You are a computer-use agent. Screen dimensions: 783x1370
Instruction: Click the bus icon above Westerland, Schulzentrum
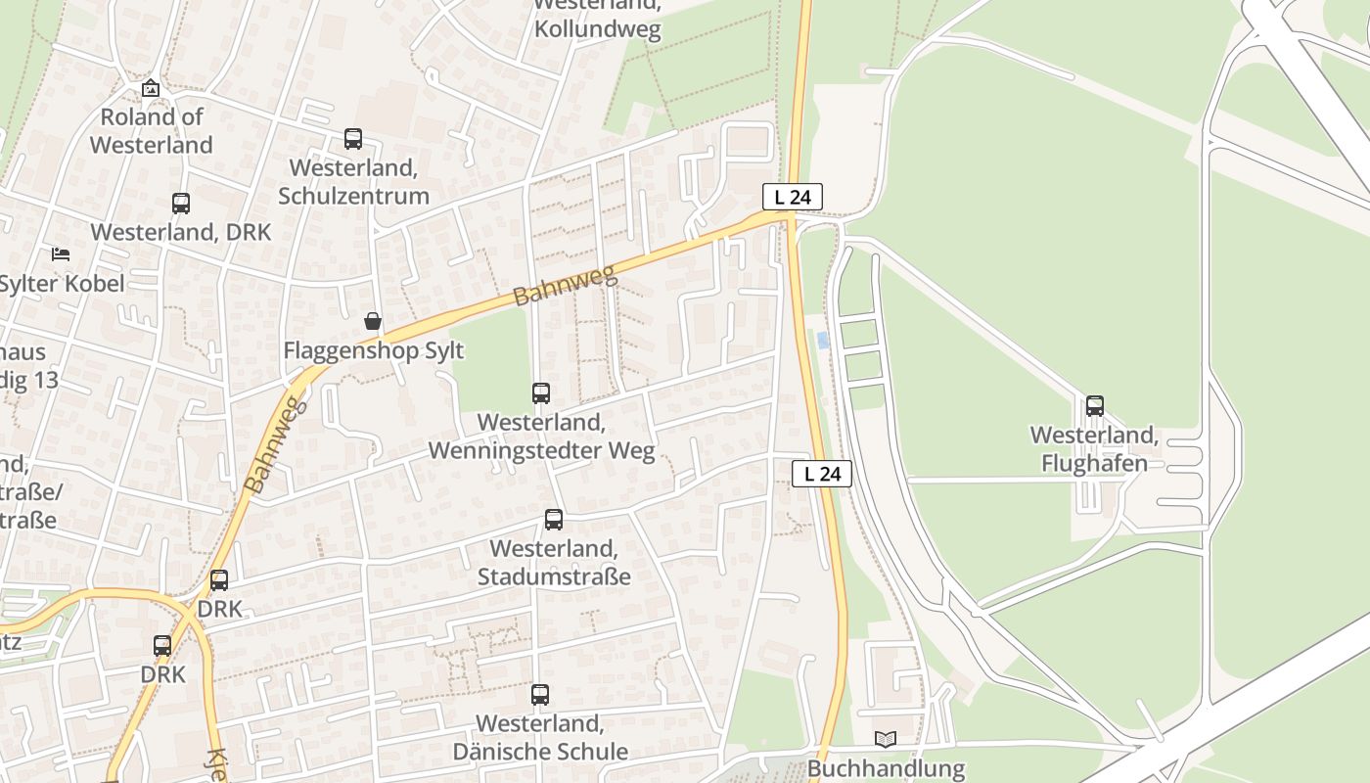pyautogui.click(x=353, y=139)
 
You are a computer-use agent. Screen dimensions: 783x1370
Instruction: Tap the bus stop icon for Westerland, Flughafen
pyautogui.click(x=1095, y=406)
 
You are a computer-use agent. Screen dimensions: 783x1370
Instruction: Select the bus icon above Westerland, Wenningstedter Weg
pyautogui.click(x=541, y=393)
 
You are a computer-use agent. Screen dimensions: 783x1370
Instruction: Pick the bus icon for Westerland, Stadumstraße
pyautogui.click(x=554, y=520)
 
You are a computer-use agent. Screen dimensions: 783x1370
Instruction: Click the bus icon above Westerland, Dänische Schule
pyautogui.click(x=540, y=695)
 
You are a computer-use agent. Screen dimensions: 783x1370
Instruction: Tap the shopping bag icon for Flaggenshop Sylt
pyautogui.click(x=373, y=321)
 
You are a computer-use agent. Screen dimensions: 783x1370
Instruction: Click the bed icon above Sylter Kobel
pyautogui.click(x=61, y=254)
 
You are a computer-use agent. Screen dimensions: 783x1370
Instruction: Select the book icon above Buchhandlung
pyautogui.click(x=886, y=740)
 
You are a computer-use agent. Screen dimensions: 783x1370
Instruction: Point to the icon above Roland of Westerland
pyautogui.click(x=151, y=88)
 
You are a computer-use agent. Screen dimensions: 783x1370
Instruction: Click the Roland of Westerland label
pyautogui.click(x=152, y=131)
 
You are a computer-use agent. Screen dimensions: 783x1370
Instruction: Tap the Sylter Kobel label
pyautogui.click(x=61, y=284)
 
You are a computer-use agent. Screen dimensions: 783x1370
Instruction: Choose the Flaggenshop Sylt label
pyautogui.click(x=373, y=350)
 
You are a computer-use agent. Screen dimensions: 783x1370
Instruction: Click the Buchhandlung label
pyautogui.click(x=886, y=768)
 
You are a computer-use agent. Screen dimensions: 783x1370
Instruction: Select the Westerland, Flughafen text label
pyautogui.click(x=1094, y=448)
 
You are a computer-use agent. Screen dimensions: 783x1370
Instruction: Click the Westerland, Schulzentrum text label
pyautogui.click(x=353, y=181)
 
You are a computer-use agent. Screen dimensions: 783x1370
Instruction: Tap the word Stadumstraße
pyautogui.click(x=554, y=576)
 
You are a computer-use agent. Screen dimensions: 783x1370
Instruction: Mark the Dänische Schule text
pyautogui.click(x=540, y=752)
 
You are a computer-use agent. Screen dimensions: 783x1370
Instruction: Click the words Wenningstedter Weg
pyautogui.click(x=541, y=450)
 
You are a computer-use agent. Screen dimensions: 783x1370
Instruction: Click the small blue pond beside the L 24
pyautogui.click(x=823, y=340)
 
